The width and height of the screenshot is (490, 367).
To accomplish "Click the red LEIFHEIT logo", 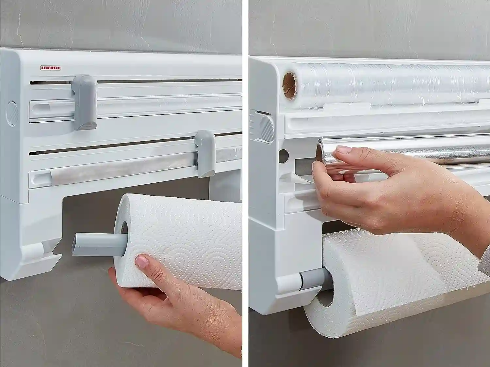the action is coord(51,68).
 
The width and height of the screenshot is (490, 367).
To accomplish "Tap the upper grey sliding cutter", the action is coord(85,102).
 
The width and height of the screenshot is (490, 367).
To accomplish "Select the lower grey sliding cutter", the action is coord(204,154).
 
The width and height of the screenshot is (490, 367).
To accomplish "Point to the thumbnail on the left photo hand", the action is coord(142,261).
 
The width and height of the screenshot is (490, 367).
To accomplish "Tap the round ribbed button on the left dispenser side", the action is coord(11,113).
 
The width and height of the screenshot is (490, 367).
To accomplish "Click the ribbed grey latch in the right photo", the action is coord(267,129).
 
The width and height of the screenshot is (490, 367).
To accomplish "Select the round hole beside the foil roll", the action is coord(284,156).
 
